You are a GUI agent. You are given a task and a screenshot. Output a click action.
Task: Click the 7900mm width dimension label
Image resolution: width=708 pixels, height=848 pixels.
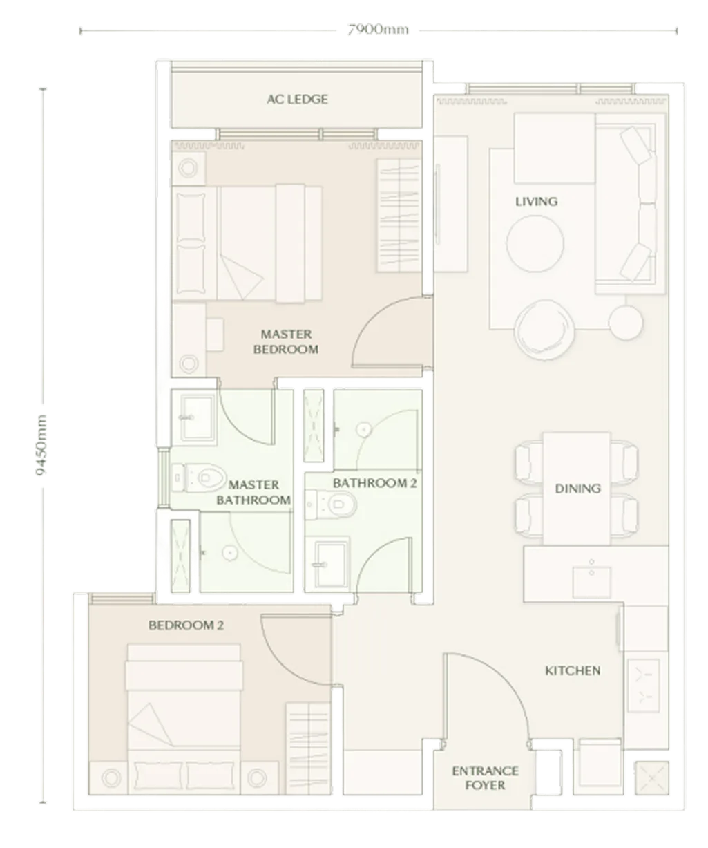pos(378,30)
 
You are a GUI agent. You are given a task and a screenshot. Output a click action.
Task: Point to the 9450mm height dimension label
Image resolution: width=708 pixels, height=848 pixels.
pos(41,444)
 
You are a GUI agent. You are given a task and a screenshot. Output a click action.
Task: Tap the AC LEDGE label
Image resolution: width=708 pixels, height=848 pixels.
pos(297,99)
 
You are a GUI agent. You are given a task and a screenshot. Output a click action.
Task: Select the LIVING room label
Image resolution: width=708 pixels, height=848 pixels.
pos(536,201)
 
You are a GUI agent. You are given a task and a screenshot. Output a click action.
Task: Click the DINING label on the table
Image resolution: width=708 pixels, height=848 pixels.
pos(577,489)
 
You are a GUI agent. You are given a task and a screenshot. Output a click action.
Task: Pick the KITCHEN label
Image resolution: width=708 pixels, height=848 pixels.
pos(573,670)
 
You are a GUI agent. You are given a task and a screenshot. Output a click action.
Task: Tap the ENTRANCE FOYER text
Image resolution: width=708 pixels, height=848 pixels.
pos(485,778)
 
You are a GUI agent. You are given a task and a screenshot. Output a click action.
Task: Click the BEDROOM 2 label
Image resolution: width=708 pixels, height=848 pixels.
pos(186,625)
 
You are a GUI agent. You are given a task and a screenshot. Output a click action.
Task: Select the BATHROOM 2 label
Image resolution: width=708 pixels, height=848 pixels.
pos(374,483)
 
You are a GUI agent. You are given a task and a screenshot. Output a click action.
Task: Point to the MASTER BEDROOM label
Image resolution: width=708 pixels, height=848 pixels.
pos(286,341)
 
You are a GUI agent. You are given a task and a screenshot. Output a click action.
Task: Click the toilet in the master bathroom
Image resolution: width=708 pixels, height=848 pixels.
pos(198,478)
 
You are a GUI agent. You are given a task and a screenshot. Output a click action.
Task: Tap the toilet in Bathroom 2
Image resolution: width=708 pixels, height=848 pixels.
pos(331,505)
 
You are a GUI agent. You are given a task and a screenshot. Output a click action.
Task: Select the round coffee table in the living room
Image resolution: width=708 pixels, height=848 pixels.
pos(535,243)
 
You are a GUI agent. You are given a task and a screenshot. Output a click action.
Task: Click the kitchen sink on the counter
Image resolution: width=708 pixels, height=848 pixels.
pos(591,582)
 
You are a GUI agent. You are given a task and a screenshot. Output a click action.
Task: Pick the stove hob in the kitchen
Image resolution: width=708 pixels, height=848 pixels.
pos(644,686)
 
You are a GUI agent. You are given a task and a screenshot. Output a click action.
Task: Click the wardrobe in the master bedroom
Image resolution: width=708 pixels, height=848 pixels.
pos(399,215)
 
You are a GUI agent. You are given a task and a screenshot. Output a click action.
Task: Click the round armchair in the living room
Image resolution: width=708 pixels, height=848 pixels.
pos(544,330)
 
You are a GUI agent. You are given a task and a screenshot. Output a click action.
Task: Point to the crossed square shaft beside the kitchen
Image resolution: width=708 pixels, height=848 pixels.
pos(651,778)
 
